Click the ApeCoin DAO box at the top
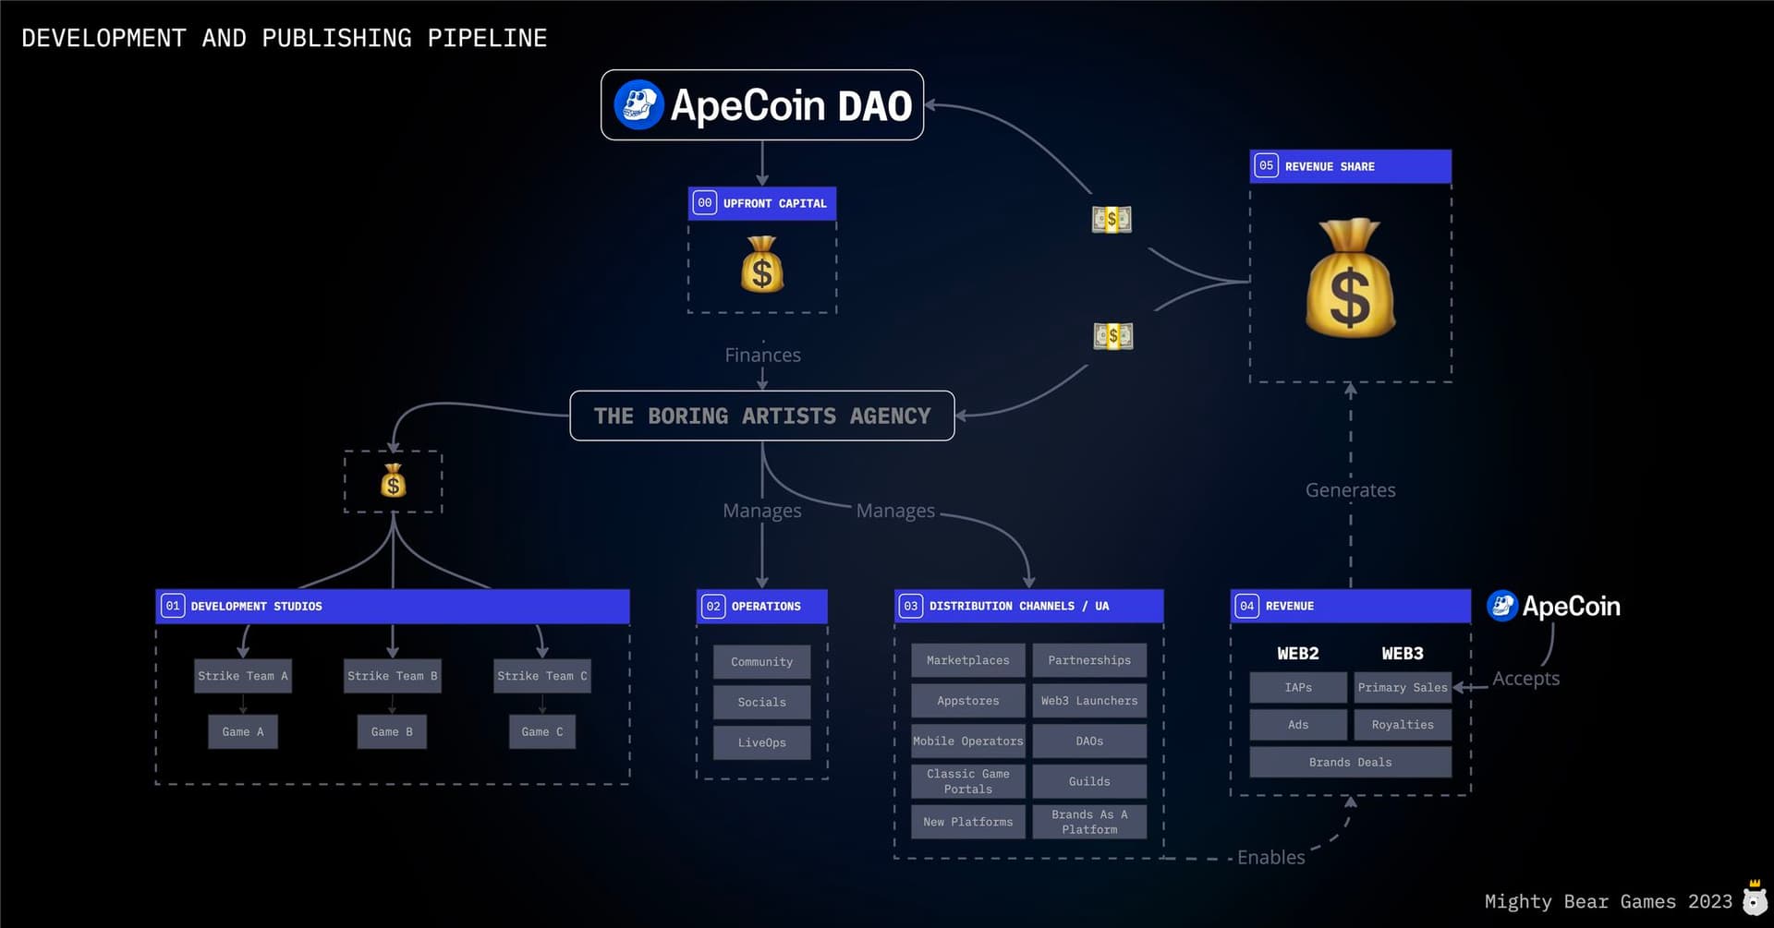(x=761, y=105)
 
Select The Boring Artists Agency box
(x=761, y=416)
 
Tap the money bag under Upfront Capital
(x=762, y=265)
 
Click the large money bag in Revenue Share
(x=1350, y=279)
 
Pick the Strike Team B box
(x=392, y=676)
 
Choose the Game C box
(x=541, y=732)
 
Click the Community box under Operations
(x=761, y=662)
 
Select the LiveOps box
(x=761, y=742)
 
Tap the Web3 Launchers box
(x=1089, y=701)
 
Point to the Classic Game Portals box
(x=967, y=781)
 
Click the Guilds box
(x=1089, y=781)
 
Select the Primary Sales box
(x=1402, y=688)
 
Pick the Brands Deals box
(x=1350, y=763)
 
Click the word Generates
(x=1350, y=490)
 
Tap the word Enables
(x=1270, y=858)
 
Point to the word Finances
(x=762, y=356)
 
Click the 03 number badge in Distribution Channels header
(x=910, y=607)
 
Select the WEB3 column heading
(x=1402, y=654)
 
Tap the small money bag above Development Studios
(x=394, y=481)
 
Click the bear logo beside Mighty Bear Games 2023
(x=1755, y=898)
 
